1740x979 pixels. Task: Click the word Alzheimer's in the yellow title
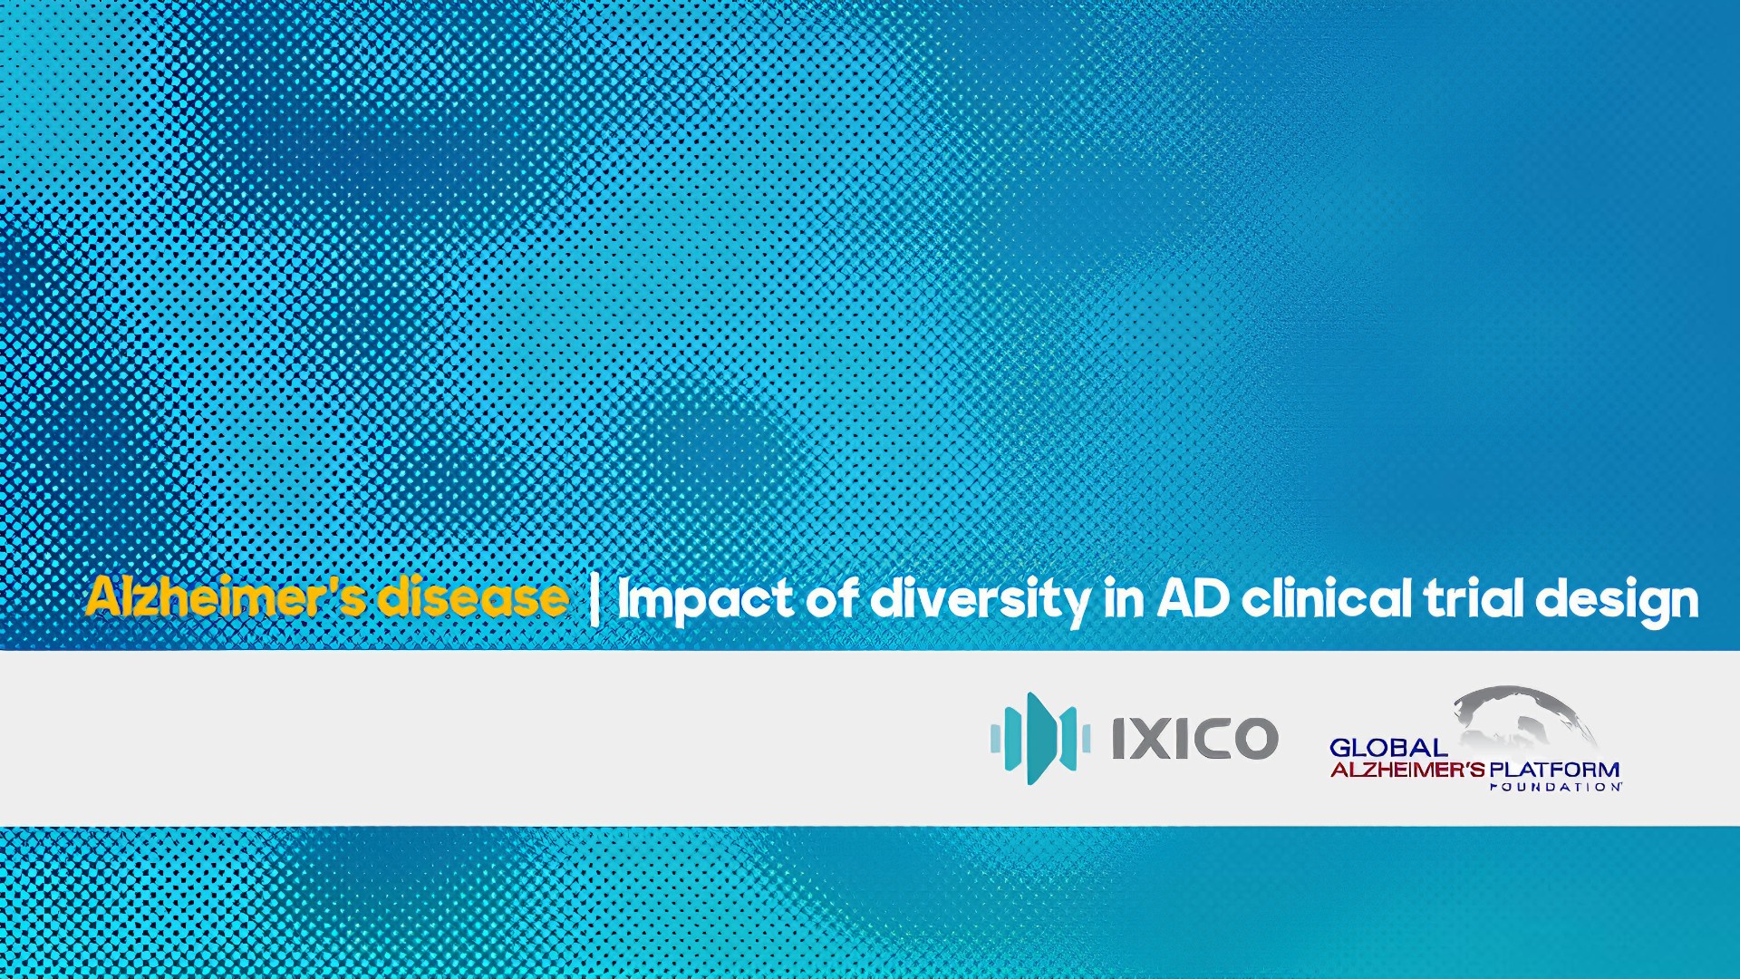tap(226, 597)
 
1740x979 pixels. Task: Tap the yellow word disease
tap(473, 597)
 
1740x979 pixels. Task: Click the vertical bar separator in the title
tap(594, 599)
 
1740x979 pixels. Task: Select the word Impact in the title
tap(705, 600)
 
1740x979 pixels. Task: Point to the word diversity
tap(979, 600)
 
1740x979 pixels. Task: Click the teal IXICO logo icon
tap(1039, 738)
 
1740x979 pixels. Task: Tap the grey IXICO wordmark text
tap(1194, 738)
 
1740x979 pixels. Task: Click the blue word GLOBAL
tap(1388, 748)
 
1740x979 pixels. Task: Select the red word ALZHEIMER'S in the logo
tap(1407, 771)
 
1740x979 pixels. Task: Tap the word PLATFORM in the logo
tap(1554, 771)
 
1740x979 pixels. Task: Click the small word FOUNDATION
tap(1555, 787)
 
